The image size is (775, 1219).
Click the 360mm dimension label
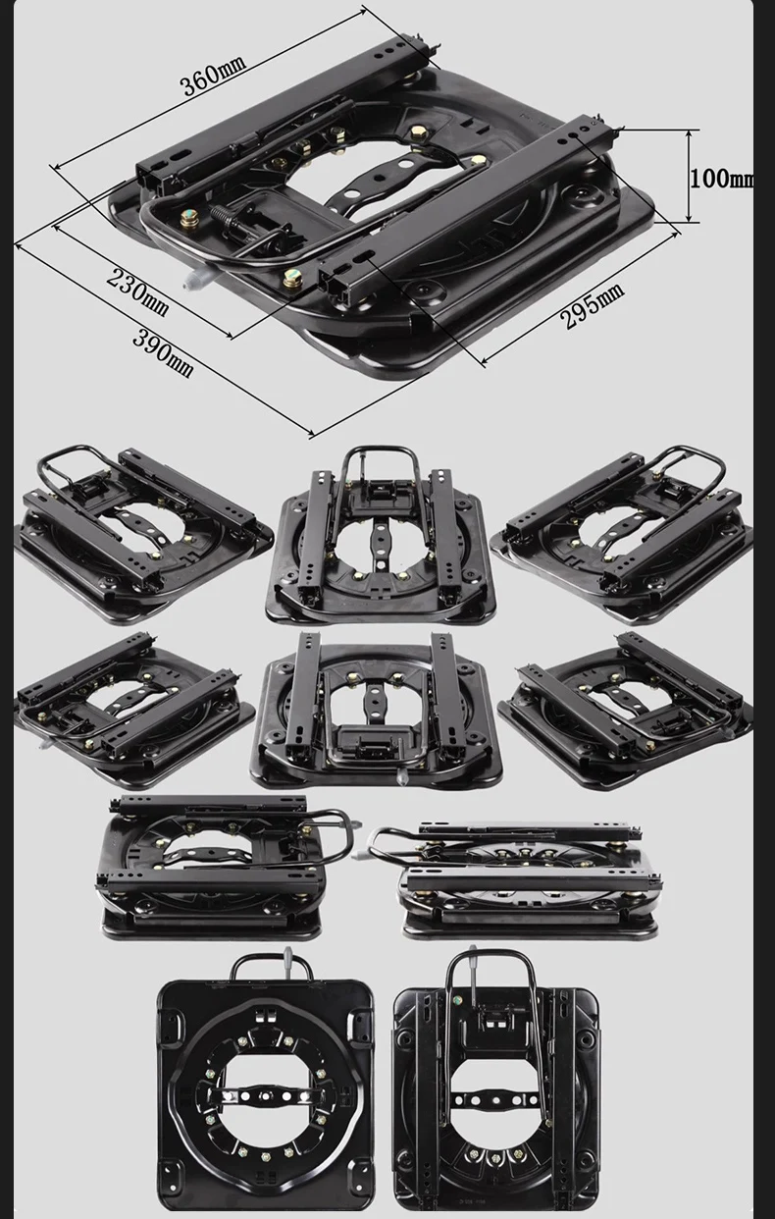tap(213, 75)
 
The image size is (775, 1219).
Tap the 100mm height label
tap(722, 178)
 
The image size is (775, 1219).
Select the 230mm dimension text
tap(137, 291)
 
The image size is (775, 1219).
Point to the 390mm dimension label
tap(163, 354)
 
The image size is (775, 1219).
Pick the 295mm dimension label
tap(593, 305)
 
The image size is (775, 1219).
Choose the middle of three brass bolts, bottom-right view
tap(494, 1153)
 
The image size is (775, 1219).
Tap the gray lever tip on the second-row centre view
tap(403, 777)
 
